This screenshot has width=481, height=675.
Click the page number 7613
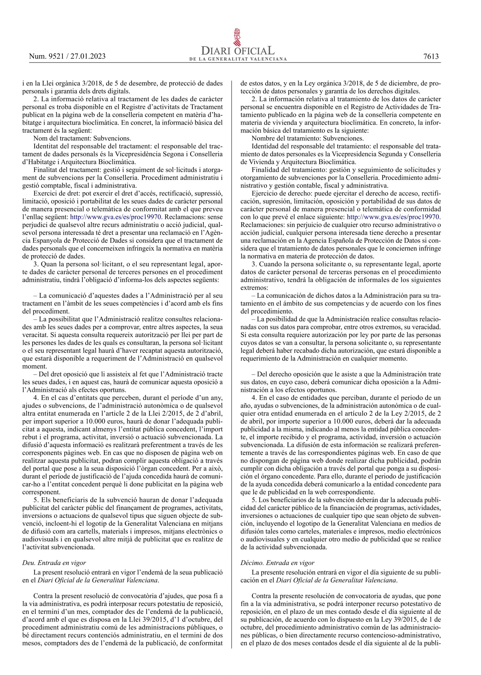(431, 56)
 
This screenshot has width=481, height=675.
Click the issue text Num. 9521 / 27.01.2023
(67, 56)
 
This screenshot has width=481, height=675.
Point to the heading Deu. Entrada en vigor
(54, 563)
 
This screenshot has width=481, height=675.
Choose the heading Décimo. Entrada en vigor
(278, 563)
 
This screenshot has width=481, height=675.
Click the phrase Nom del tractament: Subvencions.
(82, 138)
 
